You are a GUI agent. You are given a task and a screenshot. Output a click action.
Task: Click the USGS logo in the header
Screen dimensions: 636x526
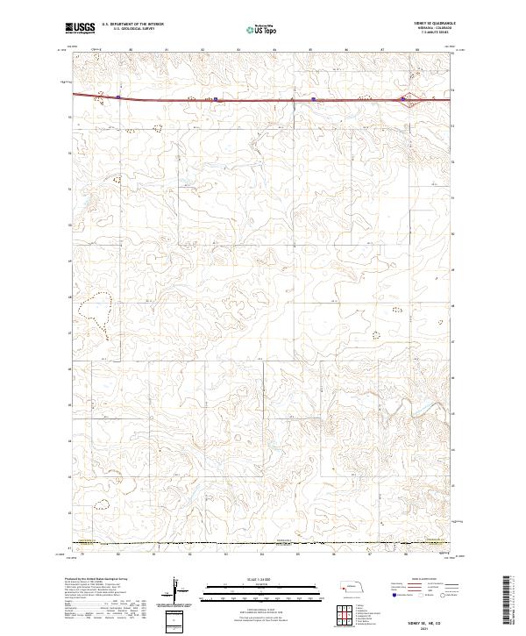point(81,28)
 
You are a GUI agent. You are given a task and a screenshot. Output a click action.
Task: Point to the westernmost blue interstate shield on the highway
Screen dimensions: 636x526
point(117,97)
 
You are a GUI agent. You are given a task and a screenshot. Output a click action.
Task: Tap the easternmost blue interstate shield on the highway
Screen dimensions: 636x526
point(402,98)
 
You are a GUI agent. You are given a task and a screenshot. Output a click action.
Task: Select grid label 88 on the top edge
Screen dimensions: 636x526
point(417,51)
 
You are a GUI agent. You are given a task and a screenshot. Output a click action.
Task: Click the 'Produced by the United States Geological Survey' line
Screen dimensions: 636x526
point(97,578)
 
